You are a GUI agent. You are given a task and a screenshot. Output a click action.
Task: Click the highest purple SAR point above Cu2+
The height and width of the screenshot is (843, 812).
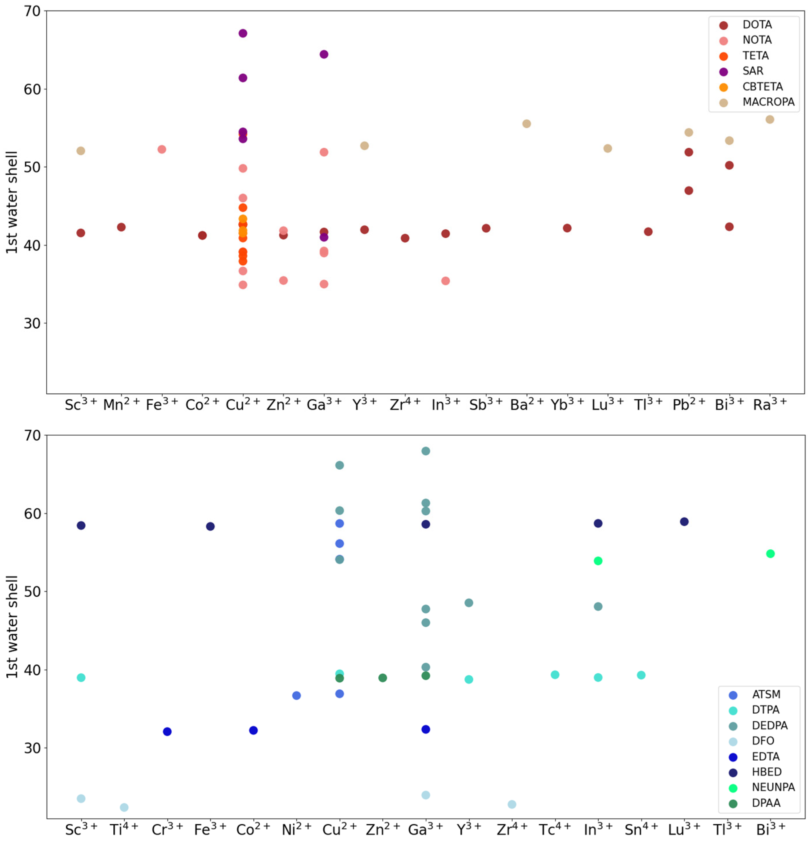click(x=243, y=34)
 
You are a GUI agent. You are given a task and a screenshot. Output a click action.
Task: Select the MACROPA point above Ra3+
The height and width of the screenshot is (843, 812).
click(x=770, y=120)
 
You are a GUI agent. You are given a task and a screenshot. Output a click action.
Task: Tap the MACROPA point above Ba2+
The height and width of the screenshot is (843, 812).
click(x=526, y=124)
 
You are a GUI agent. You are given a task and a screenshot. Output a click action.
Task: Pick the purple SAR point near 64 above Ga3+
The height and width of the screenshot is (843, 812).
click(x=324, y=54)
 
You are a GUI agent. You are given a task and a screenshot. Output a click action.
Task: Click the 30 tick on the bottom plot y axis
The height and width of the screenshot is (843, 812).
click(x=32, y=748)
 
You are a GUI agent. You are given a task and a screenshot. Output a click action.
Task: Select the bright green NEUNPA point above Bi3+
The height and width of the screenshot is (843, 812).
click(x=770, y=553)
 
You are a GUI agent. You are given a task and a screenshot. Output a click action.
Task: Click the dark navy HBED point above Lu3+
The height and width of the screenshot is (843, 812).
click(x=684, y=522)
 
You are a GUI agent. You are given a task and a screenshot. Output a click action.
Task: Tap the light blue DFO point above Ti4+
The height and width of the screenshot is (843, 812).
click(x=124, y=807)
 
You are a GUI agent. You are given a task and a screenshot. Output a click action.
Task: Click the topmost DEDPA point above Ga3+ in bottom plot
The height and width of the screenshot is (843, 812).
click(x=426, y=451)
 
